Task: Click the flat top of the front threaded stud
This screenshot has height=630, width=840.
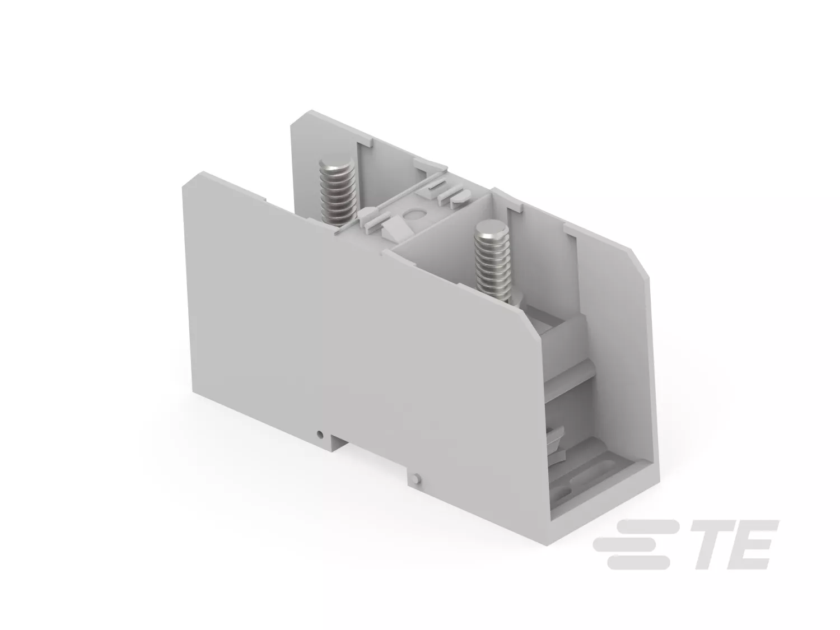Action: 489,228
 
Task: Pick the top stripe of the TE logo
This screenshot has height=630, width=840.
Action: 646,525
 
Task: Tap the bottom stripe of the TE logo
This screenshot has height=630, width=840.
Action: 638,562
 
